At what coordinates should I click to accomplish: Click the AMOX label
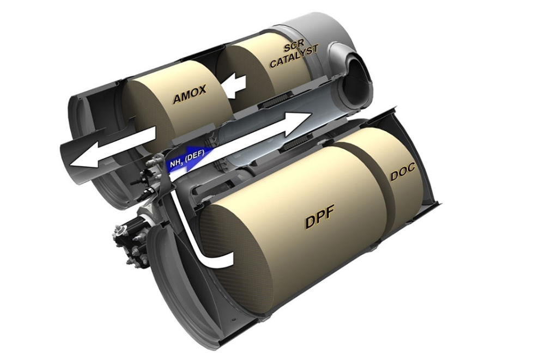coord(190,94)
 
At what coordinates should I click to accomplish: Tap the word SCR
coord(294,45)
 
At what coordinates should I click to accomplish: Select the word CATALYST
coord(294,57)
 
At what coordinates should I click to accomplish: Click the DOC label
coord(403,172)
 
